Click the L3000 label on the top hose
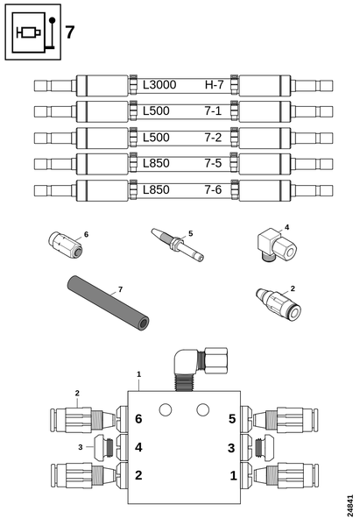(x=159, y=86)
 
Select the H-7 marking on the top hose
(x=215, y=86)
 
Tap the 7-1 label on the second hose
(x=215, y=112)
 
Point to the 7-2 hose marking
(x=215, y=139)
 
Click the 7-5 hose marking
(x=215, y=164)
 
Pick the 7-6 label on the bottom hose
(x=215, y=190)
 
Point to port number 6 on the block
(x=138, y=419)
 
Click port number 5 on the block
(x=231, y=419)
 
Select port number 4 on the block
(x=138, y=447)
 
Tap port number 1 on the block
(x=231, y=475)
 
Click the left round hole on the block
(x=165, y=409)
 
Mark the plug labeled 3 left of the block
(x=103, y=447)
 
